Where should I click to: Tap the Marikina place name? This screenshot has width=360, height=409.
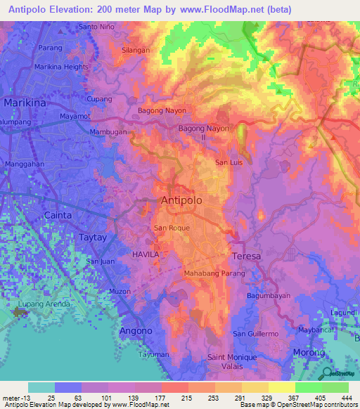[x=25, y=103]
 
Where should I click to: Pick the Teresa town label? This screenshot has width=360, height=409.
[x=246, y=256]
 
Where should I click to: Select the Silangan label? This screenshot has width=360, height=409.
[x=136, y=51]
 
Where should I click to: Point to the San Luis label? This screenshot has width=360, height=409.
[x=229, y=163]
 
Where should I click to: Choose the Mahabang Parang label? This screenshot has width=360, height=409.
[x=214, y=273]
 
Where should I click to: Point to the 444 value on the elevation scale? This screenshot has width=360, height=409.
[x=347, y=398]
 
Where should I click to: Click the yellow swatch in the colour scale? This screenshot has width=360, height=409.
[x=281, y=387]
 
